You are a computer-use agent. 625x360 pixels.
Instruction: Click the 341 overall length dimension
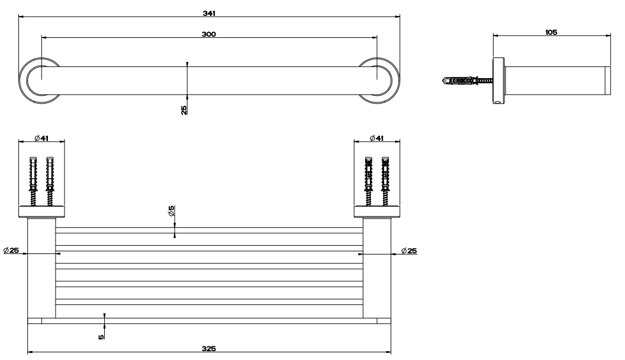(209, 13)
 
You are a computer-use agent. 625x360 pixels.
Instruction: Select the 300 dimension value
(209, 34)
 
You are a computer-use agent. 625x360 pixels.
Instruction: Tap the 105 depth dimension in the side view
(551, 33)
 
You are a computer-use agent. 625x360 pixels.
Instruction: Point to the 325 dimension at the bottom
(209, 349)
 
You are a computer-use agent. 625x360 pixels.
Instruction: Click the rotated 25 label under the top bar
(183, 110)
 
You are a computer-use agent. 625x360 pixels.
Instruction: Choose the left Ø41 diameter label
(41, 138)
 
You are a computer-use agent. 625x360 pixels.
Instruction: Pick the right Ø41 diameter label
(376, 138)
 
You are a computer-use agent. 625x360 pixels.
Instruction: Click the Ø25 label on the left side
(11, 250)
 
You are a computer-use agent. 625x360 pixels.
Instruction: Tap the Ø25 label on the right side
(409, 251)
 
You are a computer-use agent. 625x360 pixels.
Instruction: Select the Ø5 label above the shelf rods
(172, 211)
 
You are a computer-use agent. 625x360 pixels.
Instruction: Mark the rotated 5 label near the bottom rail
(101, 337)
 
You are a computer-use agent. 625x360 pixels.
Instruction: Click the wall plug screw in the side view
(467, 81)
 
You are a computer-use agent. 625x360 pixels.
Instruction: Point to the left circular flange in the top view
(40, 81)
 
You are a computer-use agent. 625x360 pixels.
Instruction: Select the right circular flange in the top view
(379, 81)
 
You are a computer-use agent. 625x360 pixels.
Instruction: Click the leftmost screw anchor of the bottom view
(33, 181)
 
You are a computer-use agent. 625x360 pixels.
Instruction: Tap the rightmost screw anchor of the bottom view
(385, 181)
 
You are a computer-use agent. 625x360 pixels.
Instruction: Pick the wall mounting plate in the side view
(499, 81)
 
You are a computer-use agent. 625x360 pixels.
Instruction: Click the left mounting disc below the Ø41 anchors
(41, 212)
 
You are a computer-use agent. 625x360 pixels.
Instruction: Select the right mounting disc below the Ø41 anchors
(377, 212)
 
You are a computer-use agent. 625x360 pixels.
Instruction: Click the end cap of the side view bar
(608, 81)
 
